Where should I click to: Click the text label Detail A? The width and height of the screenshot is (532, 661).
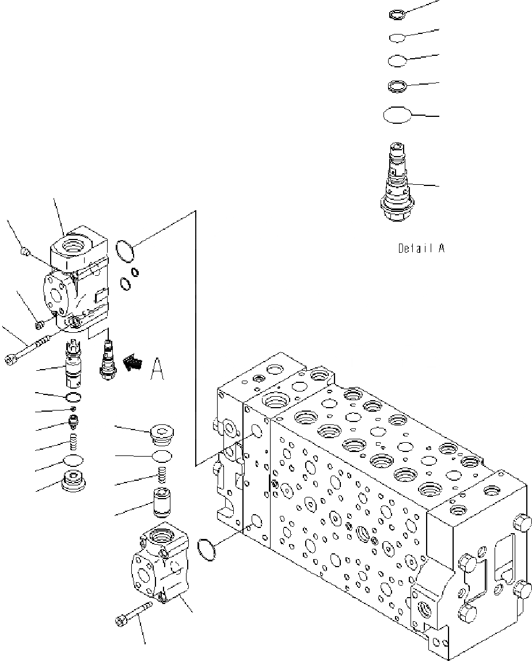pos(421,249)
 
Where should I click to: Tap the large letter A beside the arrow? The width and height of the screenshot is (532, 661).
pos(157,369)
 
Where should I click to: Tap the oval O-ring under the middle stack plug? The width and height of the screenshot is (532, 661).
pos(162,456)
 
